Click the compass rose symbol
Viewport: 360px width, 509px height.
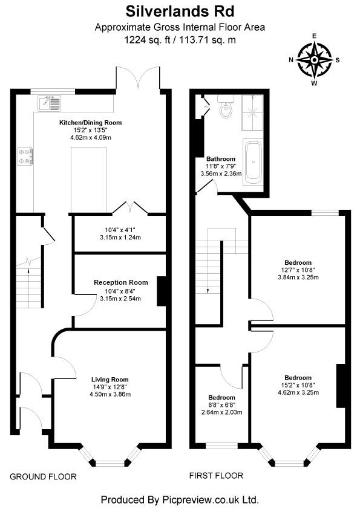click(x=314, y=59)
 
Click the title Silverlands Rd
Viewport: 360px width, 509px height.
click(x=180, y=11)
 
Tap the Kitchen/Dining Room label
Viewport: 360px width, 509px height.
click(x=90, y=123)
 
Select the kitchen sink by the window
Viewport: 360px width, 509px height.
click(x=50, y=105)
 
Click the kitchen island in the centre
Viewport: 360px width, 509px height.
click(x=90, y=177)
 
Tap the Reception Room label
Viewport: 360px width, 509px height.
click(x=120, y=282)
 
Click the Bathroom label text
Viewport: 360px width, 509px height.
click(x=221, y=159)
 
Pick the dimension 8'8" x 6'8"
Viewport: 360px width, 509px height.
click(x=221, y=405)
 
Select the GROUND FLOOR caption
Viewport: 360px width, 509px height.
click(x=43, y=477)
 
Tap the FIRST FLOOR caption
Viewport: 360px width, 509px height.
click(x=216, y=476)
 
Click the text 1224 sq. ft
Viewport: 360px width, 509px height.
click(x=146, y=41)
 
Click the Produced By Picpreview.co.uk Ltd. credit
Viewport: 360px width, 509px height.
click(x=180, y=499)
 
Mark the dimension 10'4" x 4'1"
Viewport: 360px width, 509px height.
click(x=120, y=230)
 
